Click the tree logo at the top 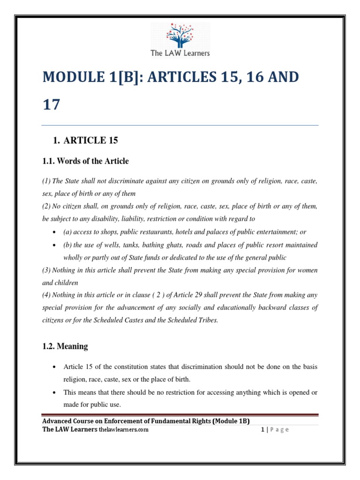coord(180,33)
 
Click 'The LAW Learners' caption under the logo coord(180,53)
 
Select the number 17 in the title coord(51,105)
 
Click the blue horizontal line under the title coord(180,125)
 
